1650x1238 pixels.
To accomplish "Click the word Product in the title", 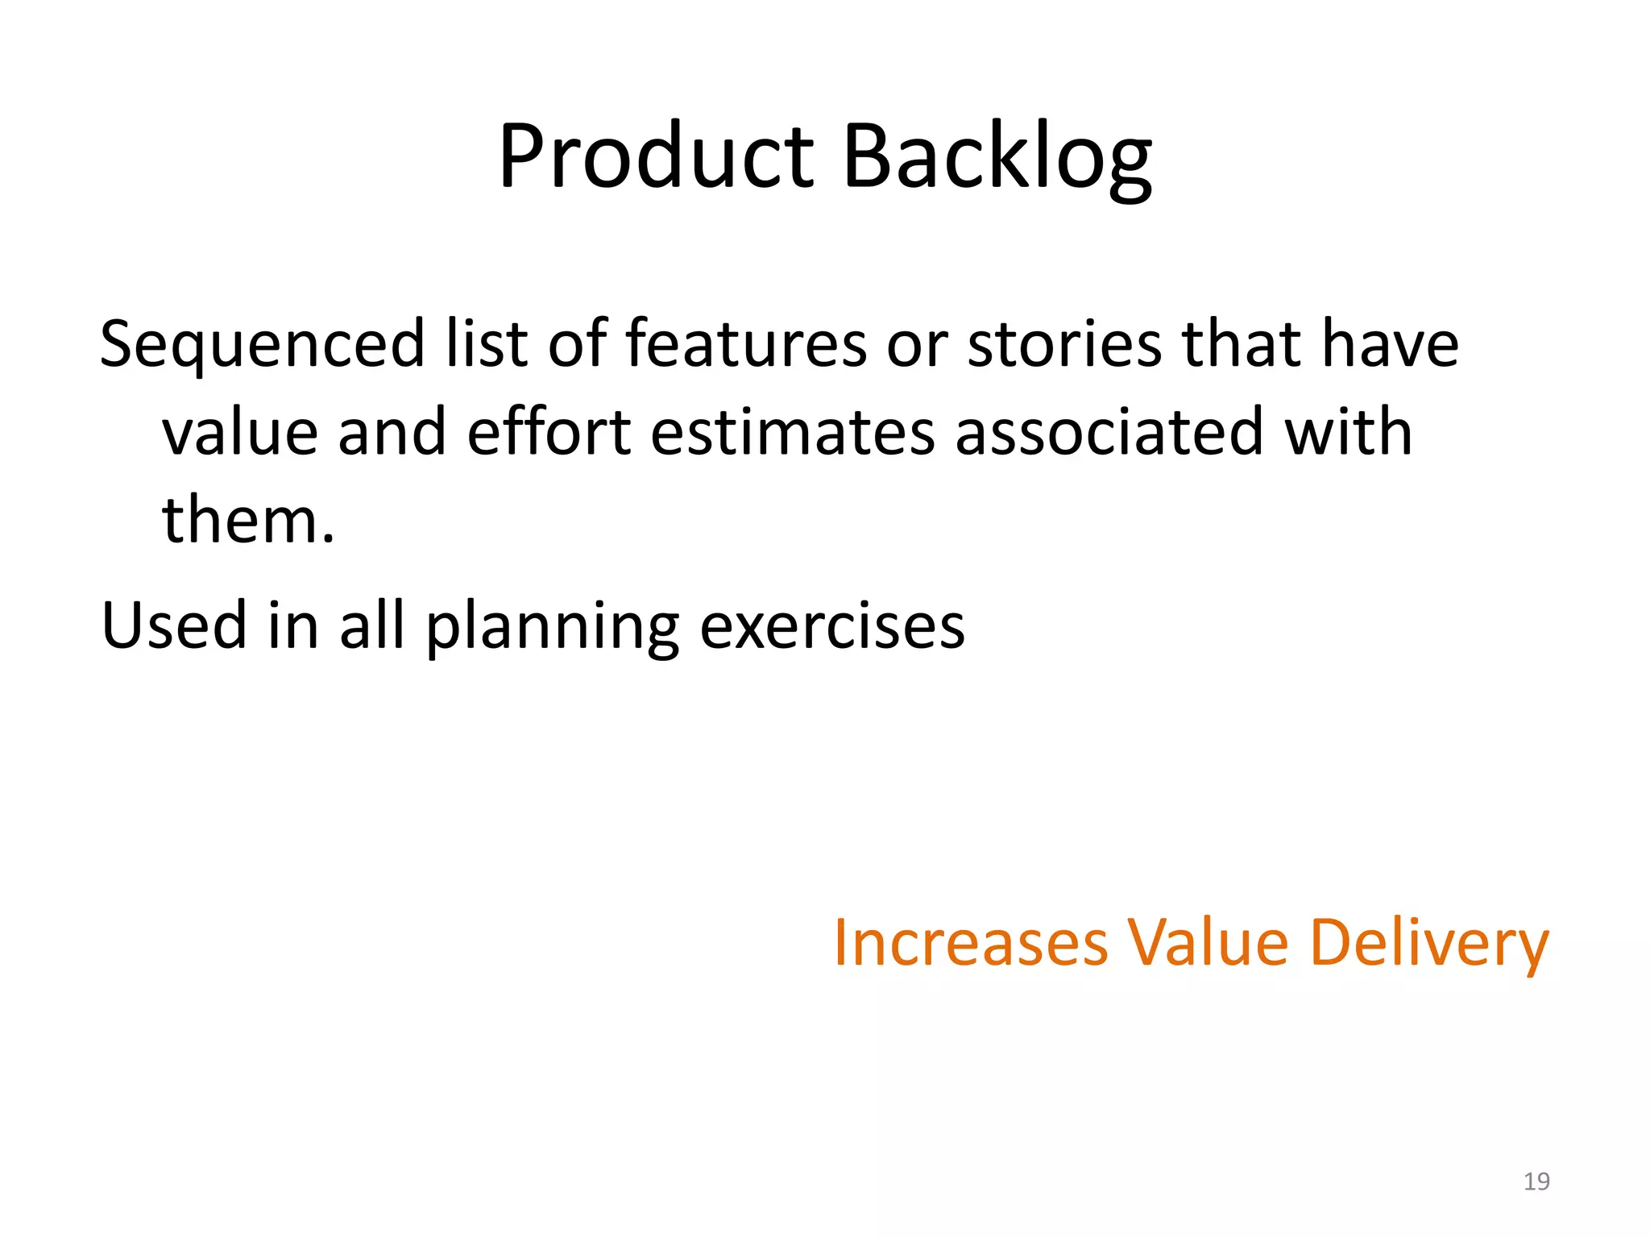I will (x=657, y=157).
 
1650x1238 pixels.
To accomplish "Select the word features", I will (x=746, y=344).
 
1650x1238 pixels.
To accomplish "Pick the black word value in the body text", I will (x=239, y=433).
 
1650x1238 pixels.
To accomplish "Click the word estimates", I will (x=793, y=433).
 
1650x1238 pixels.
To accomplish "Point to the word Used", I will (x=173, y=626).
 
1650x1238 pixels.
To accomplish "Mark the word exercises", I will (x=831, y=626).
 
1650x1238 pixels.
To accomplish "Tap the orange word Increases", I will (x=970, y=942).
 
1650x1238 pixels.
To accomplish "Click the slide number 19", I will (x=1536, y=1182).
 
